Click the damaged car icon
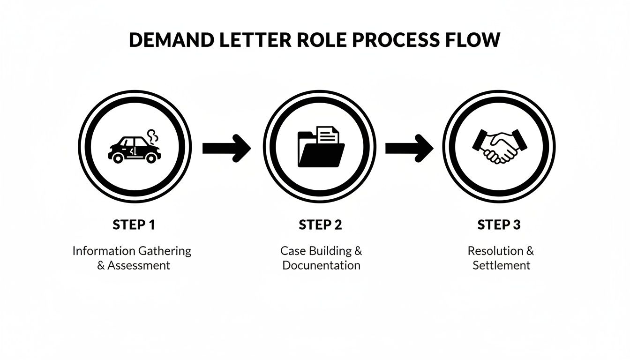pos(133,149)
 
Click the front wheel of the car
pos(150,158)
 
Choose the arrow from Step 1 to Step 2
pos(226,148)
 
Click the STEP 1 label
pos(134,225)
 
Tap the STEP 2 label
pos(321,225)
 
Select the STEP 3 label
pos(499,225)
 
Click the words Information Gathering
pos(132,251)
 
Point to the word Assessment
pos(139,265)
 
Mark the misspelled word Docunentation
pos(322,265)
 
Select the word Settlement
pos(501,265)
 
